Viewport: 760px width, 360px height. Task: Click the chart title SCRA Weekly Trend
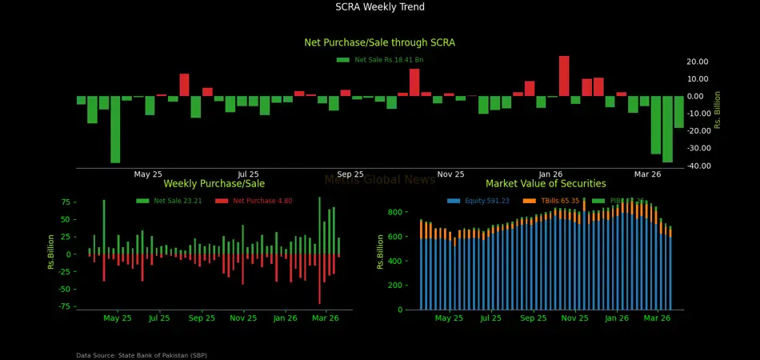[x=380, y=7]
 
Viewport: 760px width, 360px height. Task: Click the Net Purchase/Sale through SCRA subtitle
[x=380, y=42]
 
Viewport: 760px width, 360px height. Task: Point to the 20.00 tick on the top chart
[x=697, y=62]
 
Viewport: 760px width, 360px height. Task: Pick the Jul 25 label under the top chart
[x=249, y=174]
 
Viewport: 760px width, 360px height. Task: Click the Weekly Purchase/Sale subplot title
[x=214, y=184]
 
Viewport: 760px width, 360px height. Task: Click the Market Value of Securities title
[x=546, y=184]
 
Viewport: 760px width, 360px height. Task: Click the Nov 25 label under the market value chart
[x=574, y=318]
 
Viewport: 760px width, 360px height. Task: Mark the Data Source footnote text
[x=142, y=355]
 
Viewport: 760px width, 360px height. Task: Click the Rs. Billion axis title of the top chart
[x=718, y=110]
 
